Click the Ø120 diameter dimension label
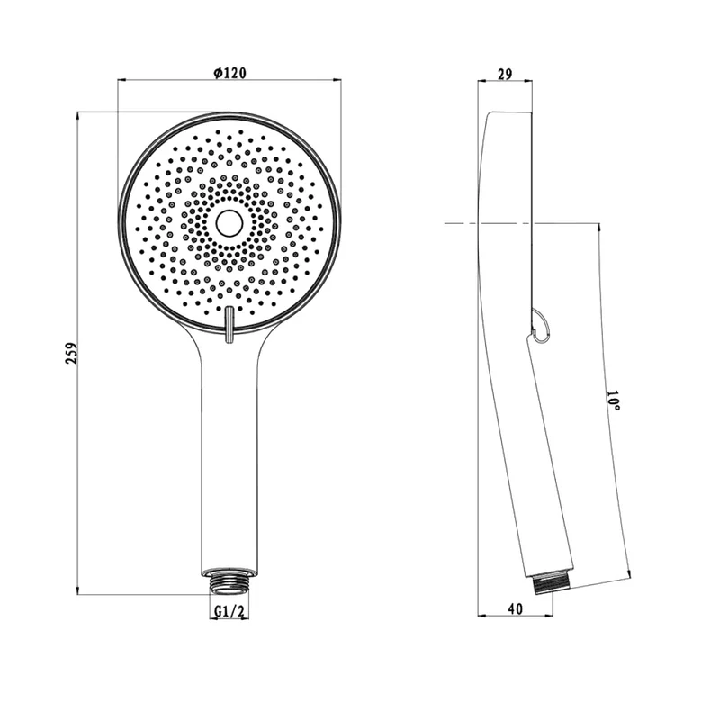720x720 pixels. pos(230,73)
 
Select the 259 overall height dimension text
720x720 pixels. pos(72,353)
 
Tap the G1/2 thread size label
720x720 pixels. pos(229,611)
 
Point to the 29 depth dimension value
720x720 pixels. pos(505,74)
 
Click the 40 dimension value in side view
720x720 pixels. pos(516,608)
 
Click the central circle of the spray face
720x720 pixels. pos(229,223)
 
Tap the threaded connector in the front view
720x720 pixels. pos(229,581)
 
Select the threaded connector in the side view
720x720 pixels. pos(553,583)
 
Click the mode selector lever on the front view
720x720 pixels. pos(229,325)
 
